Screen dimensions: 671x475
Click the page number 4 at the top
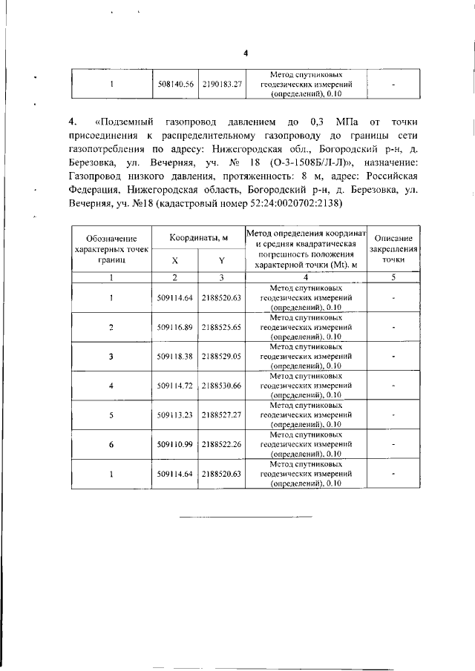pos(246,53)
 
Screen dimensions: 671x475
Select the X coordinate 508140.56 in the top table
pos(175,85)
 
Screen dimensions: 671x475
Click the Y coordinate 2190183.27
pos(222,85)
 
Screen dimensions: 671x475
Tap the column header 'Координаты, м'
pos(198,237)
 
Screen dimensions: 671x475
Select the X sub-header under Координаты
pos(175,261)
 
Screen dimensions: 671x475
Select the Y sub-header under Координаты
pos(222,261)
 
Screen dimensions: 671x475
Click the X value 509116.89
pos(175,326)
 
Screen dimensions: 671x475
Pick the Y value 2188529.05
pos(222,356)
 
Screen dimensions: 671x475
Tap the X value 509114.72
pos(175,386)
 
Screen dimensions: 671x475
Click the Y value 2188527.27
pos(222,415)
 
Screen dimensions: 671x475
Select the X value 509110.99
pos(175,445)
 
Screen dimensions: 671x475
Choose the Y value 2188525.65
pos(222,326)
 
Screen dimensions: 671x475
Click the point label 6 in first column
pos(111,445)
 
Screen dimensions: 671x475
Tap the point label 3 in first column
pos(111,356)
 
